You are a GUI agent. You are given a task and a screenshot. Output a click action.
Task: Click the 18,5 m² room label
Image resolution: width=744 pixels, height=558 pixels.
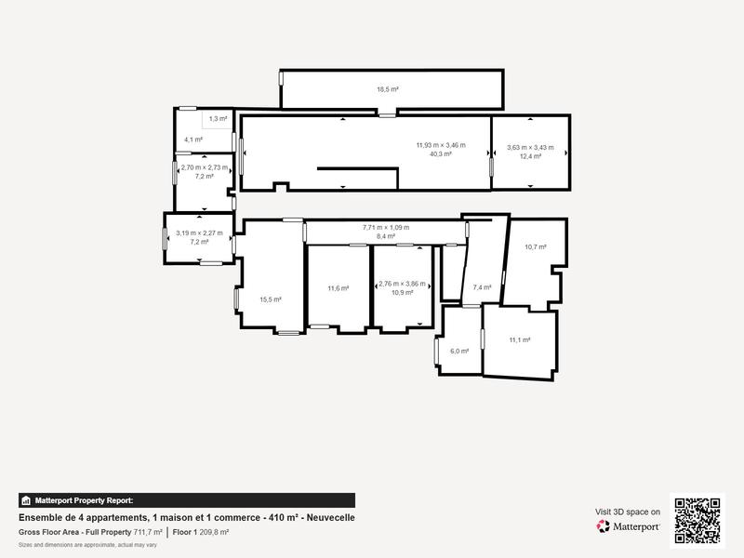(x=388, y=89)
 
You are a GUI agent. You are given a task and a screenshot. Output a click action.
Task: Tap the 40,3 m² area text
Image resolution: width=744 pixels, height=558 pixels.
(x=440, y=154)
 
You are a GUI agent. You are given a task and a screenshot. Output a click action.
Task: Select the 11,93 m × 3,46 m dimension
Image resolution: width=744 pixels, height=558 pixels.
(x=440, y=145)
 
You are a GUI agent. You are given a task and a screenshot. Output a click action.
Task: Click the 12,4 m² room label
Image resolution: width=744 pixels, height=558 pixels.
(x=530, y=156)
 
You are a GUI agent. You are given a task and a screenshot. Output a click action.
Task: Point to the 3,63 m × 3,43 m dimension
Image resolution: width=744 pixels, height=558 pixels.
(x=530, y=147)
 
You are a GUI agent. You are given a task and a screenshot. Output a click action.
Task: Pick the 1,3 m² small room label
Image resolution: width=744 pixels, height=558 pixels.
(x=218, y=118)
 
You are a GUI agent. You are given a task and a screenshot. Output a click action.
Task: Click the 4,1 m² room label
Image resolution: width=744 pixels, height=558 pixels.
(x=193, y=139)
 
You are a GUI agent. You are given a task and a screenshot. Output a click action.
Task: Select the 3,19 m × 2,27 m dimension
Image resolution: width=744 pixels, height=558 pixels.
(x=199, y=232)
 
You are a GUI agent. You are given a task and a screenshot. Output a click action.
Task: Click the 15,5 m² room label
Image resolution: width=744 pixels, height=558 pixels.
(x=271, y=299)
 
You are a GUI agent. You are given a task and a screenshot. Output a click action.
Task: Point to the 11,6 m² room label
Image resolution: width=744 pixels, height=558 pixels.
(x=339, y=288)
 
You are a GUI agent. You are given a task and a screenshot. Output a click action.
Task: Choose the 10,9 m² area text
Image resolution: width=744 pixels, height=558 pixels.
(x=402, y=292)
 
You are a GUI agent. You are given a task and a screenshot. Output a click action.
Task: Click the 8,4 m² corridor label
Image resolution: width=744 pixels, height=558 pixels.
(x=385, y=236)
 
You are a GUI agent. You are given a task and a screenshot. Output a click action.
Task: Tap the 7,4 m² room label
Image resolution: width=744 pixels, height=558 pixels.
(x=482, y=287)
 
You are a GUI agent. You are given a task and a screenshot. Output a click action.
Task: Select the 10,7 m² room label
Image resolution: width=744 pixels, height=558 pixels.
(x=535, y=247)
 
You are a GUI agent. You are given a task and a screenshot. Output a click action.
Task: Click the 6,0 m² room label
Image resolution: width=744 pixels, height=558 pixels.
(x=459, y=351)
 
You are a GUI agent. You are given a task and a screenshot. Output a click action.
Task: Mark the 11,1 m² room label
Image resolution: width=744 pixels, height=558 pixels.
(x=519, y=340)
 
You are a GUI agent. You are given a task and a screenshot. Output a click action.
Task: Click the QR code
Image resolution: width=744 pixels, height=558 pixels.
(x=697, y=520)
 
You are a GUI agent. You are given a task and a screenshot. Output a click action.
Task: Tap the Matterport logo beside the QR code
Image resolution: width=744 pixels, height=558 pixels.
(x=629, y=526)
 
